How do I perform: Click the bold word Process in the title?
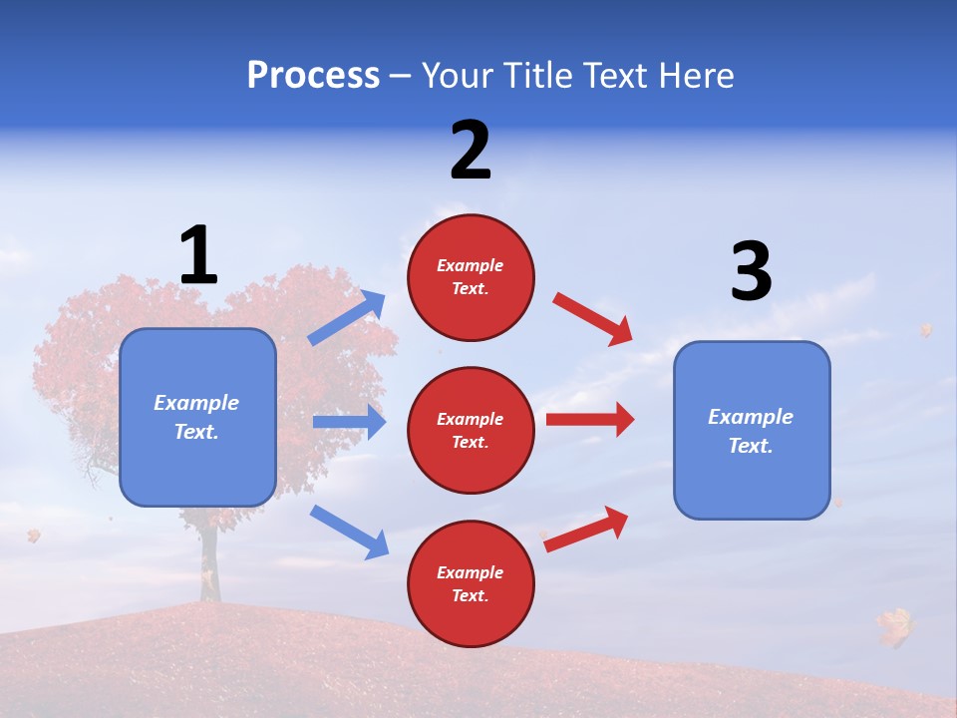tap(313, 76)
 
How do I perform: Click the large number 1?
tap(198, 255)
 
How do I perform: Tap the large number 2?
tap(471, 151)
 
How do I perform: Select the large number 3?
tap(751, 272)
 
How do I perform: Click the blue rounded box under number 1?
tap(197, 417)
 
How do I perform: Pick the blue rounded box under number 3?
tap(752, 430)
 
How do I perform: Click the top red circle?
tap(471, 277)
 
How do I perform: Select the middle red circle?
tap(471, 430)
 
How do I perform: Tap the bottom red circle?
tap(471, 583)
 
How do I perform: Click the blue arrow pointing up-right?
tap(347, 318)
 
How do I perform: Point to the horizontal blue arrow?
tap(349, 422)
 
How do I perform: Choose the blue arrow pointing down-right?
tap(349, 532)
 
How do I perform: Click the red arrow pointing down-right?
tap(593, 318)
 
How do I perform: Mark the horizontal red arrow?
tap(590, 419)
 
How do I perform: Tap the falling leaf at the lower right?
tap(894, 627)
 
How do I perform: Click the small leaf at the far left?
tap(33, 536)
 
